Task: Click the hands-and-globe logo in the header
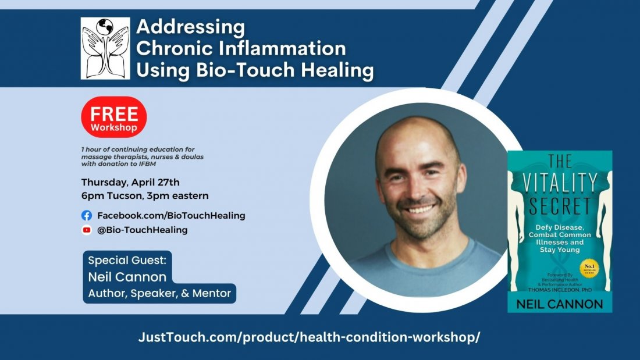coord(105,48)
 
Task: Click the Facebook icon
coord(87,215)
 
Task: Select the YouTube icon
coord(87,230)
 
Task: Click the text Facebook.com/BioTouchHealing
coord(171,215)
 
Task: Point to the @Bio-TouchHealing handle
coord(142,230)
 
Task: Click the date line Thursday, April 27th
coord(130,181)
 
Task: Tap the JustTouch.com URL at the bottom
coord(309,337)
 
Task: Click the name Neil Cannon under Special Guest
coord(127,277)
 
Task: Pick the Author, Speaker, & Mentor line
coord(159,294)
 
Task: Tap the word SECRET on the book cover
coord(560,205)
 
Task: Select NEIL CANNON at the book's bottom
coord(560,304)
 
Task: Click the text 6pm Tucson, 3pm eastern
coord(145,195)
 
